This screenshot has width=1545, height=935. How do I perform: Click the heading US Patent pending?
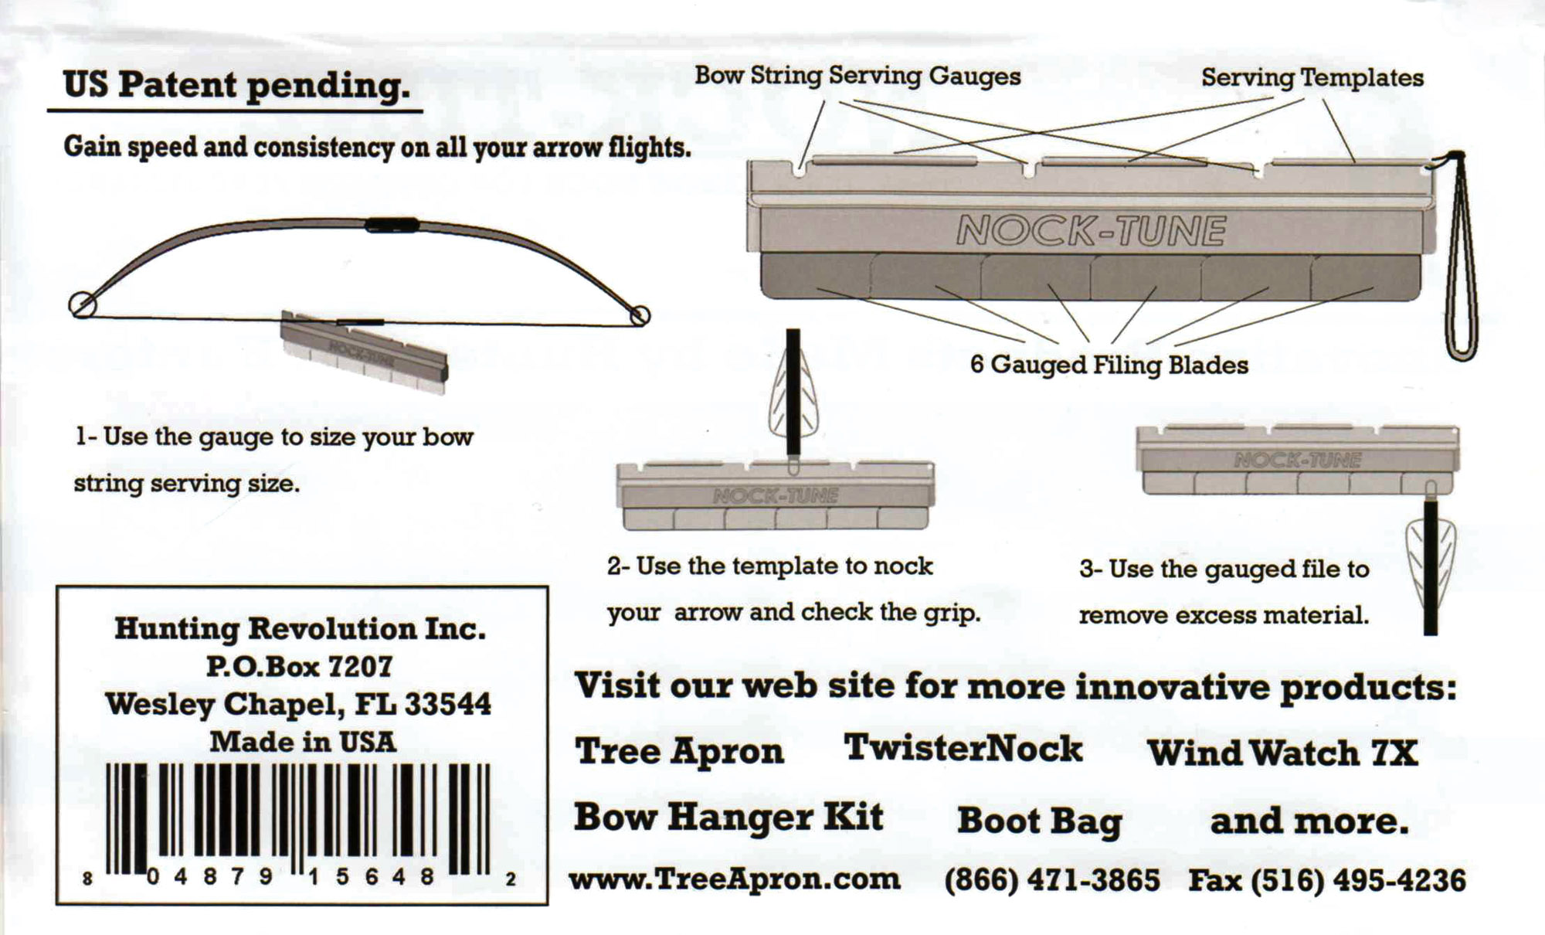coord(236,85)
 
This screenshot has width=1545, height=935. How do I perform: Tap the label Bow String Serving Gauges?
coord(857,76)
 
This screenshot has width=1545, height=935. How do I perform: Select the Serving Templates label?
coord(1312,77)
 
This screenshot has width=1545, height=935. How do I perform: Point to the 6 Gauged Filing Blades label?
coord(1109,365)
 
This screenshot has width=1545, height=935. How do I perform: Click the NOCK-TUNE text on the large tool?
coord(1091,230)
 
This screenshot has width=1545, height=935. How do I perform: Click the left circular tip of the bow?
coord(83,304)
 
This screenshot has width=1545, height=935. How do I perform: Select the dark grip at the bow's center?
coord(392,226)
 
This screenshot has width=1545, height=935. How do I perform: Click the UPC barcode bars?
coord(297,819)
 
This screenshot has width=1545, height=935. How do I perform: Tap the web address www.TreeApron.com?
coord(735,879)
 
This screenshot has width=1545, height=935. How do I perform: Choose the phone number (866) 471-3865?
coord(1052,880)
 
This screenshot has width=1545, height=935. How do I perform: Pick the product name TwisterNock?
coord(963,748)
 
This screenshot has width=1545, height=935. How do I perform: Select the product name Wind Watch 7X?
coord(1283,753)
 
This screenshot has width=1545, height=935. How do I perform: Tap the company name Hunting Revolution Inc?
coord(301,629)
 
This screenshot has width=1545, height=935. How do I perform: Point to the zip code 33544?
coord(448,704)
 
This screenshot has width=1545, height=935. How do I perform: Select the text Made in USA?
coord(303,742)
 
